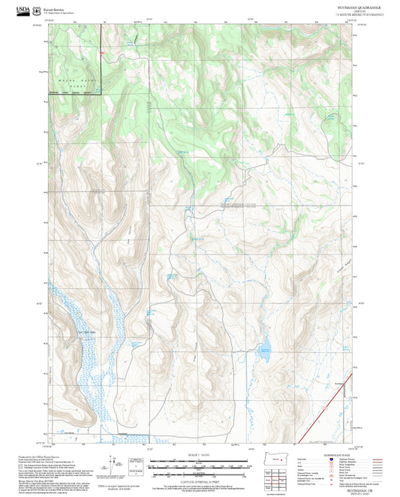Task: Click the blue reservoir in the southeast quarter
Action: [x=264, y=348]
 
